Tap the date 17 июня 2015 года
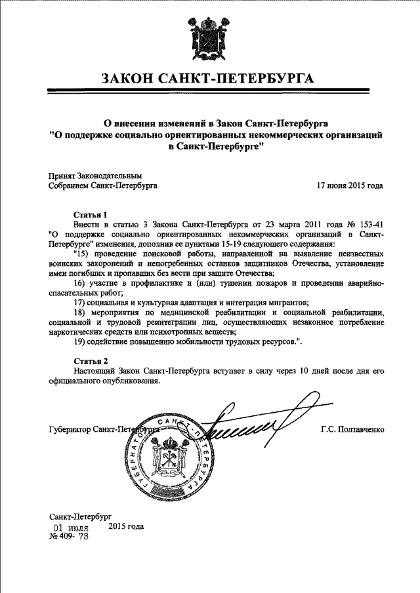tap(350, 185)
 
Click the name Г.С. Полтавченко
tap(352, 430)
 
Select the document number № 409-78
tap(69, 536)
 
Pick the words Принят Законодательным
tap(95, 176)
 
